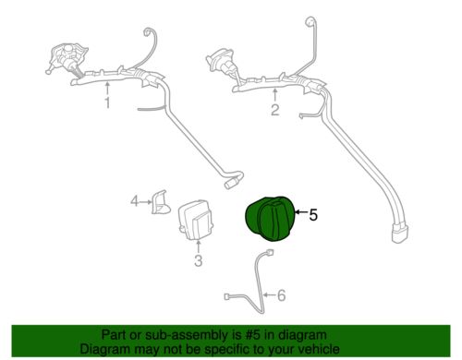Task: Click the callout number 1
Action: click(107, 102)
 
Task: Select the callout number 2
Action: click(275, 110)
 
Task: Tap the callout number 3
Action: click(199, 260)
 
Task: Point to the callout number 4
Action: click(134, 201)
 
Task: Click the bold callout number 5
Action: click(313, 215)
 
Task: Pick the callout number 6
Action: click(282, 295)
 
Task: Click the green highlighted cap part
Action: click(271, 218)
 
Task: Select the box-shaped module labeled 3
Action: click(196, 219)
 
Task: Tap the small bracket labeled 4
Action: click(160, 202)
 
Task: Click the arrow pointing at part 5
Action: click(301, 212)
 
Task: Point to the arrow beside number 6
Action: click(270, 295)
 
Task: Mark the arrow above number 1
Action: click(107, 89)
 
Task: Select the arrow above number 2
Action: click(274, 95)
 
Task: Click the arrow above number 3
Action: click(199, 246)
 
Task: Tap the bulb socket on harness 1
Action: click(66, 58)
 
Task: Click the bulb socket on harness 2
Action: click(223, 66)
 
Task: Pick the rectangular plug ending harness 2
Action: click(400, 234)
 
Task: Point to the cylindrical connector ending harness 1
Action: click(230, 185)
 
